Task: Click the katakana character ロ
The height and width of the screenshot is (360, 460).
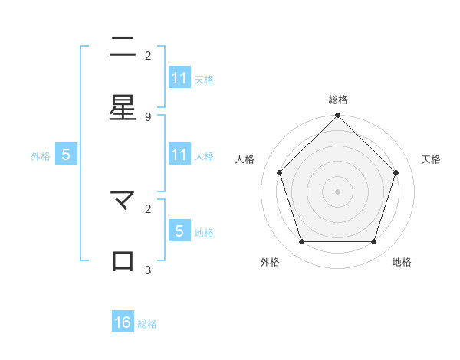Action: click(123, 260)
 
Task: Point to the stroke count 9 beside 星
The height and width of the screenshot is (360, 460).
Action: click(148, 116)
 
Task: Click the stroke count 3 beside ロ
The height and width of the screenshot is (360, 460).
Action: click(148, 270)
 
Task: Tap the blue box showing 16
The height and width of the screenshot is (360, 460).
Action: click(123, 322)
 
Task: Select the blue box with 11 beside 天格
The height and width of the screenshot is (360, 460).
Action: click(179, 78)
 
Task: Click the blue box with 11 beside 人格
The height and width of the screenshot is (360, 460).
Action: click(179, 155)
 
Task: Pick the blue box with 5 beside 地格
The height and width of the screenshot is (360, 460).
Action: click(179, 231)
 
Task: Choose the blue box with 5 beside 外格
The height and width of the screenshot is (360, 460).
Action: click(66, 155)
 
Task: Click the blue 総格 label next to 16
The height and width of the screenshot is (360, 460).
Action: click(147, 324)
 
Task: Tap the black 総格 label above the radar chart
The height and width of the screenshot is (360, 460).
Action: click(337, 100)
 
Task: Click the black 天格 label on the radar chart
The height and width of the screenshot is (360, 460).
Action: click(431, 159)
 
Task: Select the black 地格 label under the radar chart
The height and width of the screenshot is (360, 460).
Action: click(402, 262)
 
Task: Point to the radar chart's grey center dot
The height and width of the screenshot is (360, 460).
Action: click(337, 191)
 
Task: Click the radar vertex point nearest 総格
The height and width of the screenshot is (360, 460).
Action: click(337, 116)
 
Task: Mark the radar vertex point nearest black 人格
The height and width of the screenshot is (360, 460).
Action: click(279, 172)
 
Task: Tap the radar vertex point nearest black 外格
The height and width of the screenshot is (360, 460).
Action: click(301, 242)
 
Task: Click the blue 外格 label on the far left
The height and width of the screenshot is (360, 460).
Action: click(41, 155)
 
